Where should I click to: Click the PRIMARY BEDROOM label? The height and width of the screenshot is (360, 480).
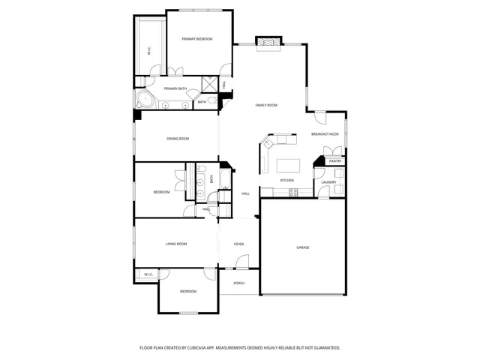197,39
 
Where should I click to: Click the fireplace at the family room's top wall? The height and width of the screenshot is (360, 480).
268,43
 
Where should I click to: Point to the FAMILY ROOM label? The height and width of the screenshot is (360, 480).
266,105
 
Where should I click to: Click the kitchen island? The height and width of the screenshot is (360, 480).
289,165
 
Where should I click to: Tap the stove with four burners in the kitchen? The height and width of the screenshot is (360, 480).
294,192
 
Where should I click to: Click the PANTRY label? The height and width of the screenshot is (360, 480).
335,161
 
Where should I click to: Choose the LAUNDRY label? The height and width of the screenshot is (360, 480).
328,182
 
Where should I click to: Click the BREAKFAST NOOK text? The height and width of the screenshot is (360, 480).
325,134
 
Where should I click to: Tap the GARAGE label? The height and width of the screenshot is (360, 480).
303,247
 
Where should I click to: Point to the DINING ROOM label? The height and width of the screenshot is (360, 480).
178,139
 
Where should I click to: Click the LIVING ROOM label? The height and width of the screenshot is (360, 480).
176,244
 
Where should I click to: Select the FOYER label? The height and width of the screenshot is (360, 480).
239,244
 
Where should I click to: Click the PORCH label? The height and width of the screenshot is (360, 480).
239,283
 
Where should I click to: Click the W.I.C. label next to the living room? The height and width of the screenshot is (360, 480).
148,274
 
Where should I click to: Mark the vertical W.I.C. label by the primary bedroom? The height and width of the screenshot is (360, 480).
149,52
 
